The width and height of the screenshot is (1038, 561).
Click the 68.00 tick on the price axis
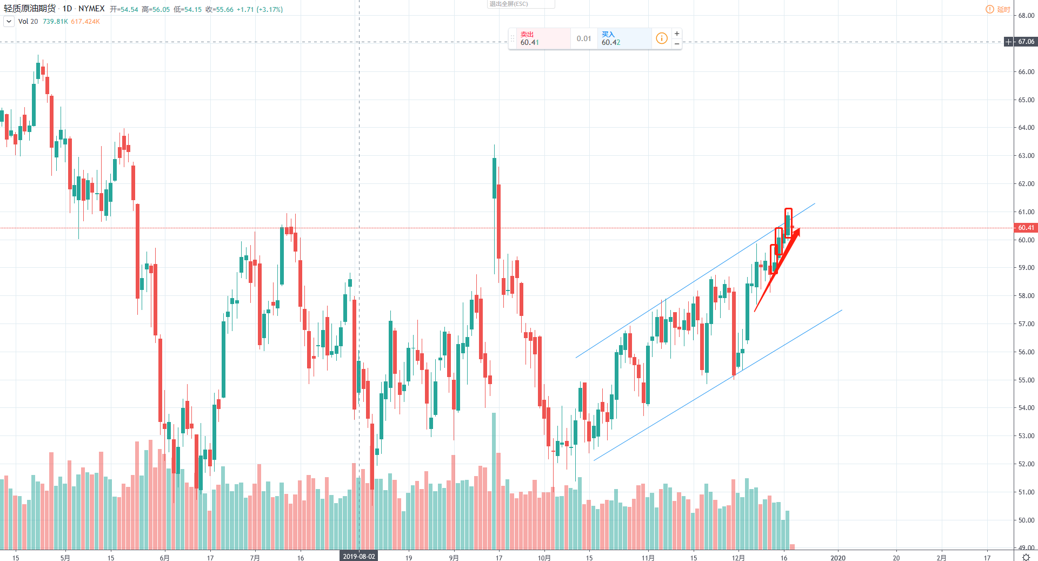click(1026, 16)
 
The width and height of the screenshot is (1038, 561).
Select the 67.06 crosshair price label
click(1026, 42)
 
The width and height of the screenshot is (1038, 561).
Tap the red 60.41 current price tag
click(1026, 228)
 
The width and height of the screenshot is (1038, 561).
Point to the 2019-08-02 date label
click(358, 557)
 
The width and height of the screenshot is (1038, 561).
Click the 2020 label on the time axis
click(837, 558)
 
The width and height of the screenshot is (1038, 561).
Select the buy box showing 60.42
click(624, 38)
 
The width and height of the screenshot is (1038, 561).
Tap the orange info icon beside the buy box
click(661, 38)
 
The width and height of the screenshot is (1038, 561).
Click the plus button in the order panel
click(677, 34)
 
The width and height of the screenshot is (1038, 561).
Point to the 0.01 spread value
click(584, 38)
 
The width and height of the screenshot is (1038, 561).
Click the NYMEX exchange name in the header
click(91, 9)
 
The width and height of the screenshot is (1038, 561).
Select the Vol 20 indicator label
click(28, 22)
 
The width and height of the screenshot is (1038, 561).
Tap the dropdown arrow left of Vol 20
click(9, 22)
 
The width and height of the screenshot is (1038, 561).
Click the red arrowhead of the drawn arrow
click(796, 233)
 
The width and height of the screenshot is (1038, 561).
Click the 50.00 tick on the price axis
click(1026, 520)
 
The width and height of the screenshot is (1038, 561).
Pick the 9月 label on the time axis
click(454, 558)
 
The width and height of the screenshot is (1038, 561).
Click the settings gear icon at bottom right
click(1026, 557)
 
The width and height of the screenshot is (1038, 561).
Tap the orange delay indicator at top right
click(998, 9)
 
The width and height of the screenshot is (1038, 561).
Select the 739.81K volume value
click(55, 22)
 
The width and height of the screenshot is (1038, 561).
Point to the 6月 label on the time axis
click(164, 558)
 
